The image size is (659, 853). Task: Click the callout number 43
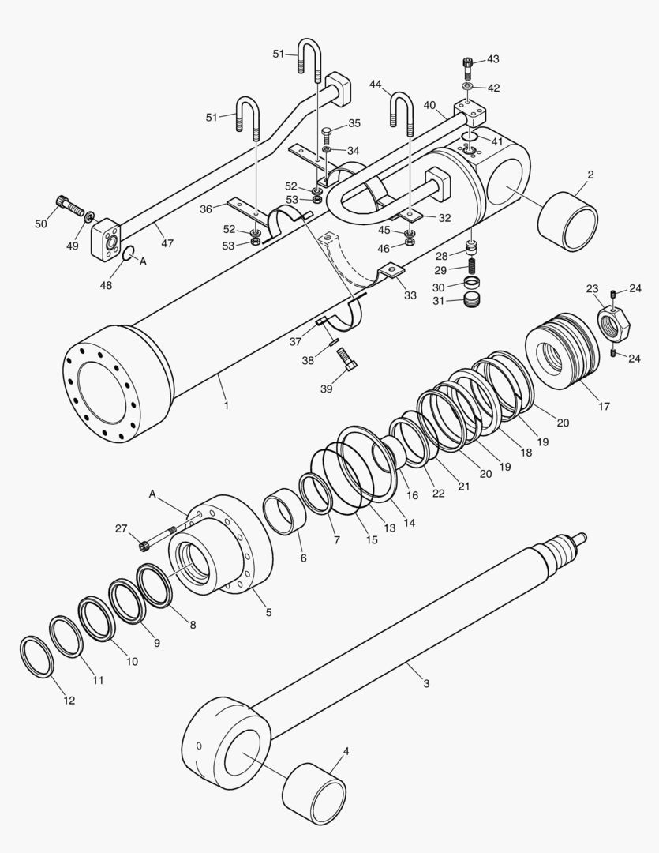click(x=493, y=59)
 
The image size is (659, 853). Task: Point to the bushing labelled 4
click(x=315, y=793)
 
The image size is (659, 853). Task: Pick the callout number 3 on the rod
click(x=425, y=682)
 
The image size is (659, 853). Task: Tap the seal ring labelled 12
click(x=36, y=656)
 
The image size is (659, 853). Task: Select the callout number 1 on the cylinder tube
click(x=226, y=405)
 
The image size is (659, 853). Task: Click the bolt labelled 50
click(x=69, y=207)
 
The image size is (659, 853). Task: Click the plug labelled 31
click(x=473, y=299)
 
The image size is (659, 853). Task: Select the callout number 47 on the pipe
click(x=167, y=243)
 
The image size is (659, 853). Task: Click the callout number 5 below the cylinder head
click(x=268, y=612)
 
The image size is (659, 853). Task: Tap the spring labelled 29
click(x=473, y=269)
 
